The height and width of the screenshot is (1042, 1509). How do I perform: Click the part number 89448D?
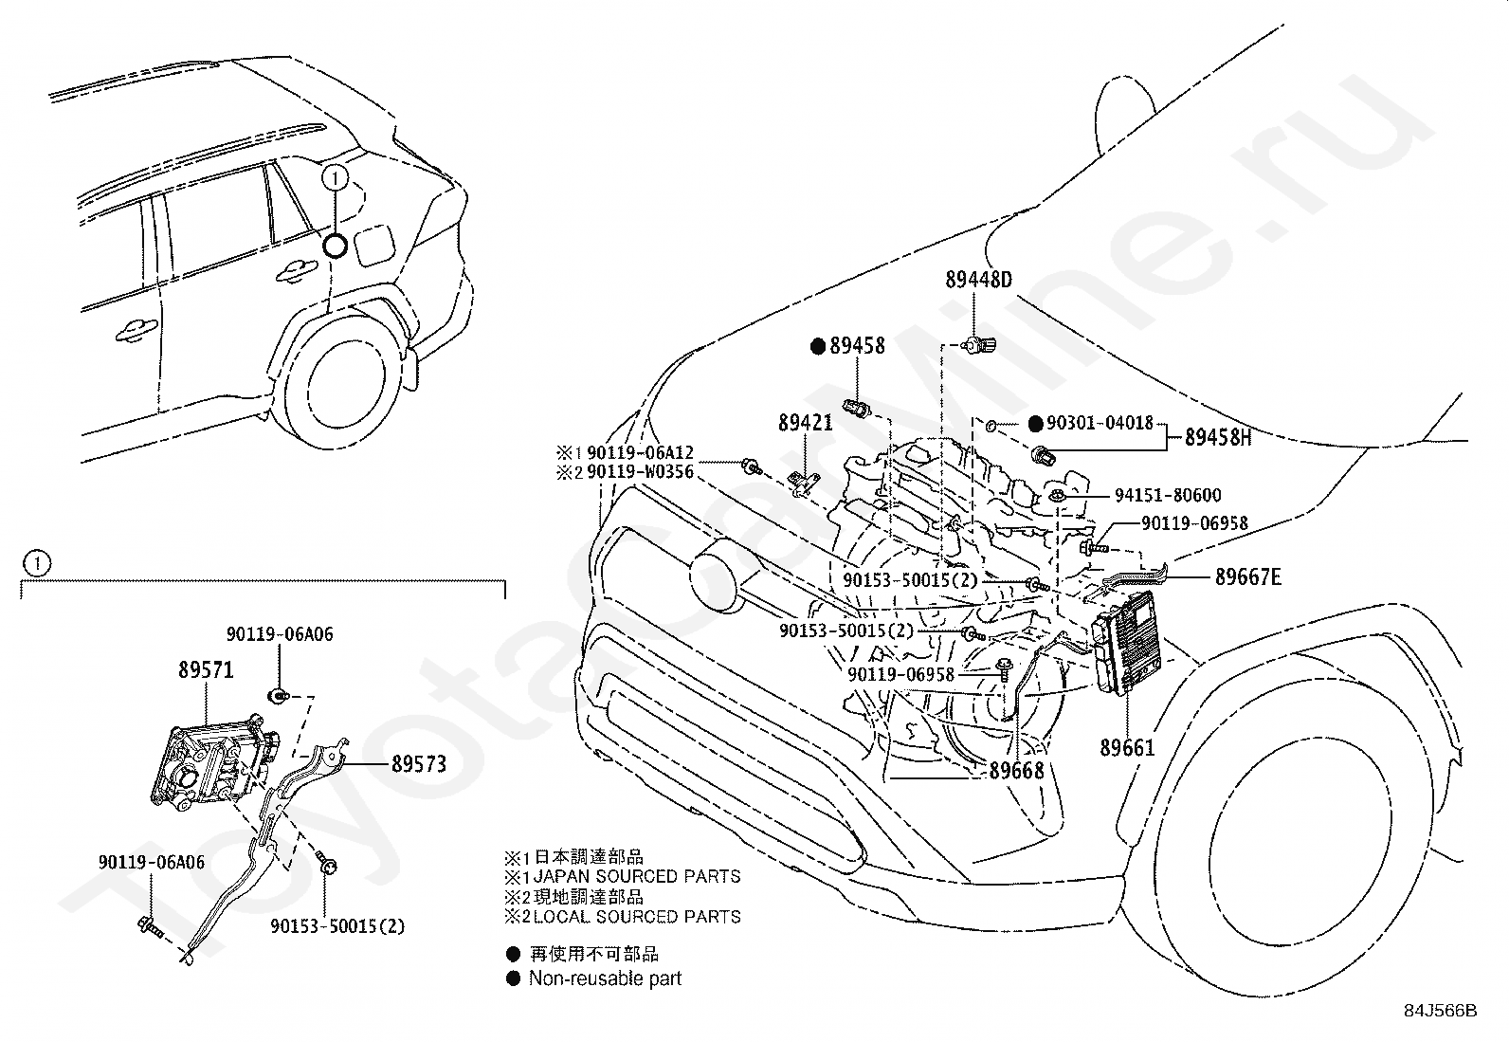click(x=978, y=280)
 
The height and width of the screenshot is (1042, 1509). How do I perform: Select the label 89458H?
click(x=1218, y=437)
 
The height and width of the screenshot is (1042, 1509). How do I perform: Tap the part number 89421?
click(x=806, y=423)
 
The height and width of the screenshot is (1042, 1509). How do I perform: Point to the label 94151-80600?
click(x=1168, y=495)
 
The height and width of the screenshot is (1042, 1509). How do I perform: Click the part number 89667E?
click(x=1248, y=577)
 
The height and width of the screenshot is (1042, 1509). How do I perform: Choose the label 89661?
click(x=1127, y=747)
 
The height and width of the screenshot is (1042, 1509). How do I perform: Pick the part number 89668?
click(x=1016, y=771)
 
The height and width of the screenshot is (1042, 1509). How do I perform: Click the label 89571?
click(x=206, y=670)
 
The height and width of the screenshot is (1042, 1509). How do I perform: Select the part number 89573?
click(x=419, y=763)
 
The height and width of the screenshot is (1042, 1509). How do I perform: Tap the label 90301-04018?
click(x=1100, y=423)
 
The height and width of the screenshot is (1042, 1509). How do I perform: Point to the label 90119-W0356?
click(x=640, y=472)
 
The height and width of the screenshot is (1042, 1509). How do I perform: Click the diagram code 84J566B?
click(x=1441, y=1011)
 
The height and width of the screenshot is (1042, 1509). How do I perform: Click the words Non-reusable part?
click(x=605, y=978)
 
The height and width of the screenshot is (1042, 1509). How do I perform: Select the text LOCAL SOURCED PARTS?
click(x=637, y=917)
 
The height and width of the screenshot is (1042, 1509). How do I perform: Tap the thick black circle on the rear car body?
click(x=335, y=246)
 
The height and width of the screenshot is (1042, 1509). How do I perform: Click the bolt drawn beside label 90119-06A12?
click(x=752, y=466)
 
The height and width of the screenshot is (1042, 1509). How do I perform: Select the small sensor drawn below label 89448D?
click(x=977, y=345)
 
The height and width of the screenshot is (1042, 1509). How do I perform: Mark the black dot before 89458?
click(x=818, y=346)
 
